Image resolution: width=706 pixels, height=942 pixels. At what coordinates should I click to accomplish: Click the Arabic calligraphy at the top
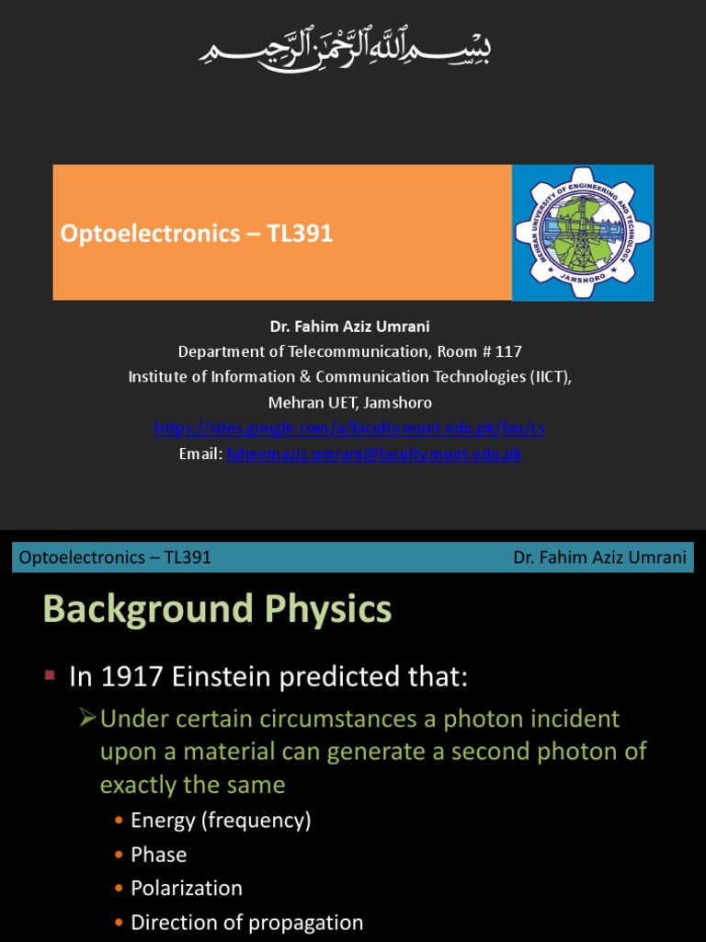(346, 47)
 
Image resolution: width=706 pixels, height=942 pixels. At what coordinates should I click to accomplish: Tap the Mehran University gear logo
(583, 232)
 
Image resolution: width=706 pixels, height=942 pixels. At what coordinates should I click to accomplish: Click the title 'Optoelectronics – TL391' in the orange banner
(197, 234)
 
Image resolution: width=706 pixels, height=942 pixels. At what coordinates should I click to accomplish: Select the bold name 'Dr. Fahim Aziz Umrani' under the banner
(349, 327)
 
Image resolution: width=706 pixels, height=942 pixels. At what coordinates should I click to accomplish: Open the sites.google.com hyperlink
(349, 429)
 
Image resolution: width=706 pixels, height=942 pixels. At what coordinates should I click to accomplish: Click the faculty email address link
(374, 454)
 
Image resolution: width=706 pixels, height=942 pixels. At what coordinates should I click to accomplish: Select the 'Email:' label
(200, 454)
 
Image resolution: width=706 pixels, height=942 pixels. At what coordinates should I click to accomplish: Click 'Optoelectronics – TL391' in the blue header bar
(115, 557)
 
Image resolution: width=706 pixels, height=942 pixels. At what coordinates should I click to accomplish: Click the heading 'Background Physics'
(217, 610)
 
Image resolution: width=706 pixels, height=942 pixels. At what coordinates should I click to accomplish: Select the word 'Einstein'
(223, 678)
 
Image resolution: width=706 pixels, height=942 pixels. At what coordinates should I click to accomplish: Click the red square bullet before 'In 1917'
(51, 677)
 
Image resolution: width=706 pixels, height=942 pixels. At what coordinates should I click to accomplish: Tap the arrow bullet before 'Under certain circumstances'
(88, 718)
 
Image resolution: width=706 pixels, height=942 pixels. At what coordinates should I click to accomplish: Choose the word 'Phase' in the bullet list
(159, 855)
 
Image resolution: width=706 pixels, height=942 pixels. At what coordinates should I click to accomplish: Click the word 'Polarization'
(187, 889)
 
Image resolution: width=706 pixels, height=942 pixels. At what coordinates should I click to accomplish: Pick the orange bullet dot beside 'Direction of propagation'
(119, 923)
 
